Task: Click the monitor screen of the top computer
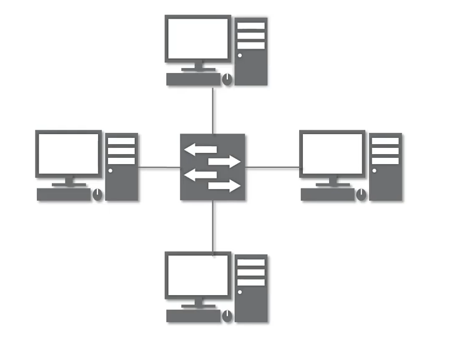[197, 39]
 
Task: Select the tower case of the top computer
[252, 51]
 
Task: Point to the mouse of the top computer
[227, 79]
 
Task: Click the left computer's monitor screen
[68, 153]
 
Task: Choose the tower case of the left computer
[122, 167]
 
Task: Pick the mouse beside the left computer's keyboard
[98, 195]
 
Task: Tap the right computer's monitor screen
[332, 153]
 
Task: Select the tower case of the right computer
[386, 167]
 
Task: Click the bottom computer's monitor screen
[197, 275]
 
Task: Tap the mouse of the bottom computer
[227, 316]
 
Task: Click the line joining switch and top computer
[213, 110]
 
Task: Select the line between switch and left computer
[159, 167]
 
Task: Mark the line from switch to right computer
[272, 167]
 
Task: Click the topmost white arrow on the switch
[200, 150]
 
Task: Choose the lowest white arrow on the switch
[224, 186]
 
